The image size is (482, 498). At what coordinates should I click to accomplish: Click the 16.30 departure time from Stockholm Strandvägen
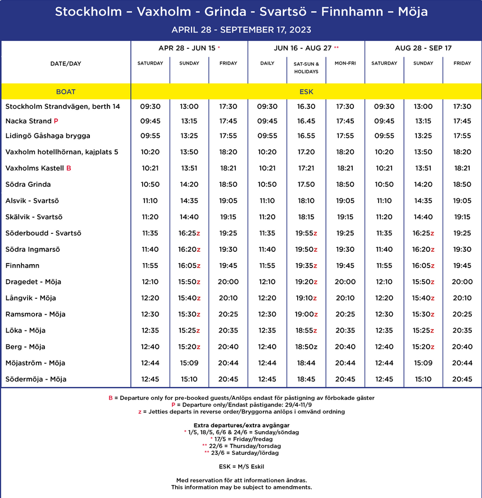(x=306, y=107)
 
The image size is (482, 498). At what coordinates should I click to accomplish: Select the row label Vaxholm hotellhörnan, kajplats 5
(x=62, y=152)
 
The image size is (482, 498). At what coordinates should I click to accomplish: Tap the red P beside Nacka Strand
(x=56, y=121)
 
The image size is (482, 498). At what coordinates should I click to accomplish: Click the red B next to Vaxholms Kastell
(x=69, y=168)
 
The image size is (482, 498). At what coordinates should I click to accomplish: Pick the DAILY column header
(x=267, y=63)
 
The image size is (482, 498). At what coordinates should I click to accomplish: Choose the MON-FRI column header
(x=345, y=63)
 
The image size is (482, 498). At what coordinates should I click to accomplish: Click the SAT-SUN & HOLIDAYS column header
(x=306, y=67)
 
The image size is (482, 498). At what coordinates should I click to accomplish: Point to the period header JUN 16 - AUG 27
(x=303, y=48)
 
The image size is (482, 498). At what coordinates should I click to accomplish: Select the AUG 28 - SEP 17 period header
(x=423, y=48)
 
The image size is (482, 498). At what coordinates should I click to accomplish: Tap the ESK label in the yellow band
(x=306, y=91)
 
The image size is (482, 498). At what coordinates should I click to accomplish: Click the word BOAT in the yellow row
(x=66, y=91)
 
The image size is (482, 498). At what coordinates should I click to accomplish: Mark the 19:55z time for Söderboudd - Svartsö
(x=307, y=233)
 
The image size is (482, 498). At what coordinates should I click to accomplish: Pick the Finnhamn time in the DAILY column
(x=267, y=266)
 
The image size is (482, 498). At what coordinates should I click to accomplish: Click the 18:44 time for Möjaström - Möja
(x=306, y=363)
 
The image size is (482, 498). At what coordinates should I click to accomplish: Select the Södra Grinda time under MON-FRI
(x=345, y=185)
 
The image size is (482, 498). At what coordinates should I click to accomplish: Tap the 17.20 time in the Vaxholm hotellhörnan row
(x=306, y=152)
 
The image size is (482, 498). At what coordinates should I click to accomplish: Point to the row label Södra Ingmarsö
(x=33, y=250)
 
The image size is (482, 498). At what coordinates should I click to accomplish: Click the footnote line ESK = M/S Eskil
(x=241, y=466)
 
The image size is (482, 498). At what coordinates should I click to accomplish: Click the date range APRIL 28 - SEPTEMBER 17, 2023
(x=241, y=30)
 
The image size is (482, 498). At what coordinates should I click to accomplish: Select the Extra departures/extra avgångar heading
(x=241, y=425)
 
